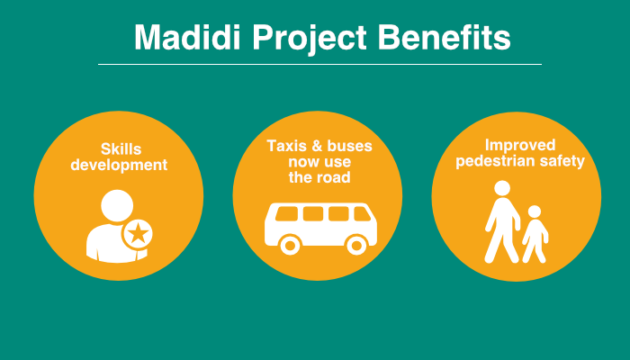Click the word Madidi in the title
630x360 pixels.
[187, 38]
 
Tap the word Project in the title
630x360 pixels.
[310, 39]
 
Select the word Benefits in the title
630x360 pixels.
[444, 38]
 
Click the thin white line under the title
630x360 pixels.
[319, 64]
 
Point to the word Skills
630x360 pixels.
[121, 149]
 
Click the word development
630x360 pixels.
[119, 165]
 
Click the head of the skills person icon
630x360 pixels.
[117, 205]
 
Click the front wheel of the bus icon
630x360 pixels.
[356, 245]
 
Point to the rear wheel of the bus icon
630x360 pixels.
[290, 245]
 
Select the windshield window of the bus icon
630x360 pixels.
[362, 214]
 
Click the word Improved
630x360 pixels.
[520, 146]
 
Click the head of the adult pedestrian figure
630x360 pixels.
[502, 188]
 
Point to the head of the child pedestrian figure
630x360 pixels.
[535, 211]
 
